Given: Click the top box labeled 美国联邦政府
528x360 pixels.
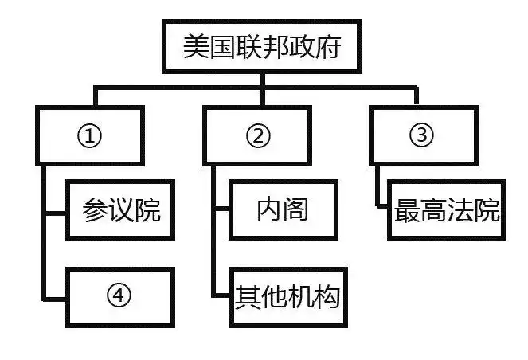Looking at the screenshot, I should (262, 48).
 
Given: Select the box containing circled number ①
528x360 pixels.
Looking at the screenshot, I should (90, 135).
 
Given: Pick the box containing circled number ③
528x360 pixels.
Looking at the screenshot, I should (421, 135).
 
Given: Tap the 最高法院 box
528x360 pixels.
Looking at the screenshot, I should (447, 211).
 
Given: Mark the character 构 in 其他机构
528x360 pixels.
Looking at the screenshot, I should (327, 298).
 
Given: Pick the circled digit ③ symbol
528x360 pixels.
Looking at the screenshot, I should (421, 135).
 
